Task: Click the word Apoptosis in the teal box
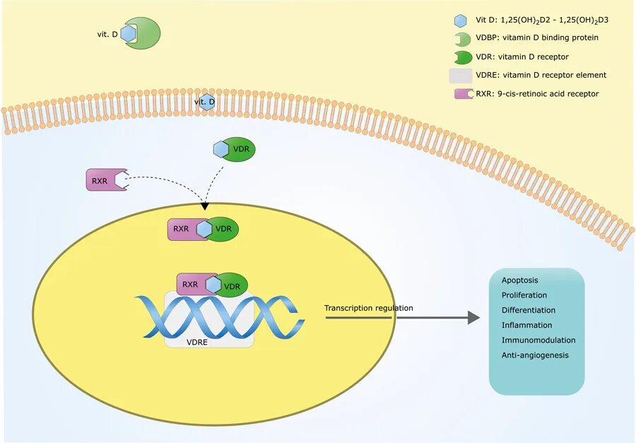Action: (x=519, y=280)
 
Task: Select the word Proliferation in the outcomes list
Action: (x=524, y=295)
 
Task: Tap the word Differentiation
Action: (x=529, y=310)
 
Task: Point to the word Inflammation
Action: (x=527, y=325)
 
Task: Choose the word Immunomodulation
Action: (x=538, y=340)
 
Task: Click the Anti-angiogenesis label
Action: (x=535, y=355)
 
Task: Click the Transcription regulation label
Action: (x=369, y=308)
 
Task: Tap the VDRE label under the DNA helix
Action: (x=197, y=343)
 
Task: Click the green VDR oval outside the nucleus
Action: (x=240, y=149)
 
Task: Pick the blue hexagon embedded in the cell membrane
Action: (x=208, y=102)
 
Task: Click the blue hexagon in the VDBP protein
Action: (x=128, y=33)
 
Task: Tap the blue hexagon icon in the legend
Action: (x=460, y=20)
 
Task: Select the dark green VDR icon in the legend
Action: (x=463, y=58)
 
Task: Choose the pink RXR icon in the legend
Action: (x=464, y=94)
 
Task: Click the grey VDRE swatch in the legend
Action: (x=460, y=76)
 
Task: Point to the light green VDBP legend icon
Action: (x=463, y=40)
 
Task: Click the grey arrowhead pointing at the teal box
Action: (x=473, y=318)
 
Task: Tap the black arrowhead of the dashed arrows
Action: (x=205, y=206)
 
